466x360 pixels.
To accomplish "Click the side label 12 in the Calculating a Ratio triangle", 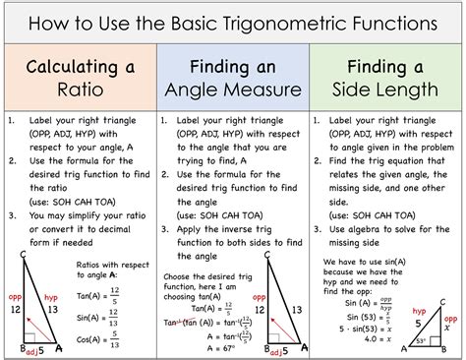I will [x=14, y=309].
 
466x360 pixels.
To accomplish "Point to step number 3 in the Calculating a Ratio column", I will [x=10, y=215].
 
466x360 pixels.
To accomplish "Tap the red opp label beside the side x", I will [x=451, y=318].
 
